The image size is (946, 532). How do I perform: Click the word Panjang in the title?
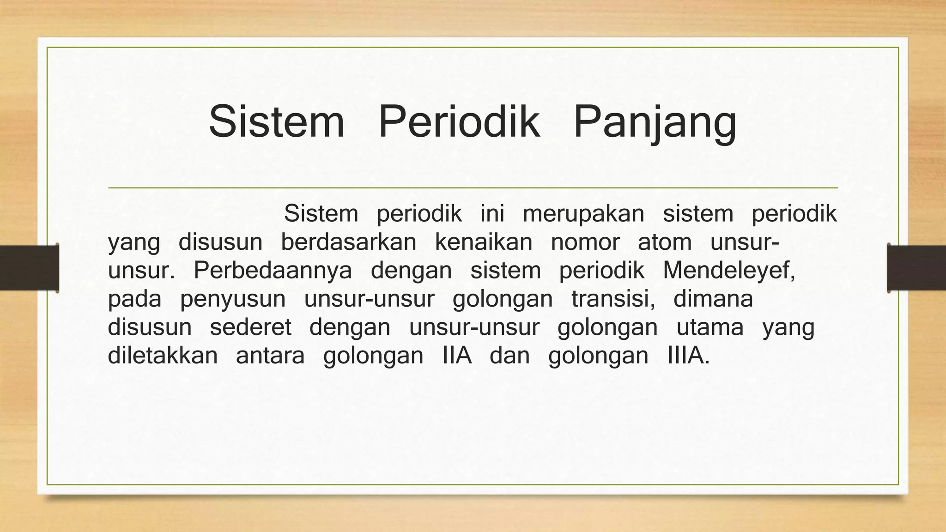point(655,122)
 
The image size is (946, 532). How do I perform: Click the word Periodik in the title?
point(459,122)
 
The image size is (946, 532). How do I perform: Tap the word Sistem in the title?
point(277,122)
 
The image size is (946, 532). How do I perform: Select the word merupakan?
point(583,214)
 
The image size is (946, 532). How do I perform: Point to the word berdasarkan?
point(348,242)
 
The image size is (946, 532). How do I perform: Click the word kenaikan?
point(483,242)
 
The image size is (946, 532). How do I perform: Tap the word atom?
point(664,242)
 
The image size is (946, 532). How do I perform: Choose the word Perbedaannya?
point(273,271)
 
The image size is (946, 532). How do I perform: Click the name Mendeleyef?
point(728,271)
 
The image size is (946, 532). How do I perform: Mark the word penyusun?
point(233,299)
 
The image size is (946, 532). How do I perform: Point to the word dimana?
point(713,299)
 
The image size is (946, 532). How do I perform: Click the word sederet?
point(250,328)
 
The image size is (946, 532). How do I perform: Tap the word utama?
point(710,328)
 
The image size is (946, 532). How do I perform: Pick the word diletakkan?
point(163,356)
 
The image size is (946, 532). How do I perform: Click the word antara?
point(270,356)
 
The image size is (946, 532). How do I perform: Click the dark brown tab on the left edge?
point(29,268)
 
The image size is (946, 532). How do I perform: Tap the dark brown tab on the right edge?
point(916,268)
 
